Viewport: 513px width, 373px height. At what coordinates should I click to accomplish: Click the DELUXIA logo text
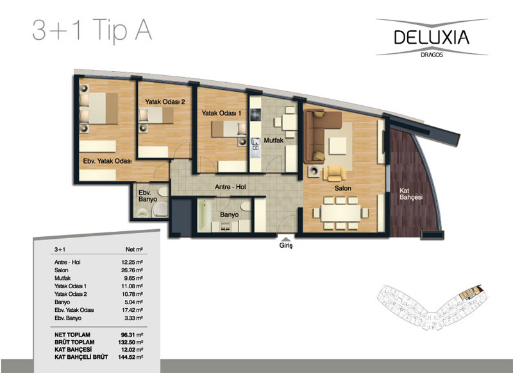[432, 37]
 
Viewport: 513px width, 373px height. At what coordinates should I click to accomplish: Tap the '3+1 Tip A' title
[92, 30]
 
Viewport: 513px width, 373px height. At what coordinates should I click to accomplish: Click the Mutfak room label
[274, 141]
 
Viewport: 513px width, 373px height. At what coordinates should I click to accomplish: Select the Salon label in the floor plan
[342, 188]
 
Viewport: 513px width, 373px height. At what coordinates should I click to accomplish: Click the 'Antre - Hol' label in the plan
[230, 187]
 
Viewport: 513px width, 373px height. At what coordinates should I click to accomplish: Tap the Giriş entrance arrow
[286, 239]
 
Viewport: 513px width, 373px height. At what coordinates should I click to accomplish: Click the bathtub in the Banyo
[203, 215]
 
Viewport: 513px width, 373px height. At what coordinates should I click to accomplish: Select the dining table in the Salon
[341, 213]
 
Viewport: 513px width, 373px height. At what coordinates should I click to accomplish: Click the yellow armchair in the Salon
[334, 173]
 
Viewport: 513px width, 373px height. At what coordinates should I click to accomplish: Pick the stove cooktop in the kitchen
[255, 115]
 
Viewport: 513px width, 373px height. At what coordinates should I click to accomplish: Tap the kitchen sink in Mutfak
[255, 148]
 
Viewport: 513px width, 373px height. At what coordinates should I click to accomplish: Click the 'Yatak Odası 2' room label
[165, 102]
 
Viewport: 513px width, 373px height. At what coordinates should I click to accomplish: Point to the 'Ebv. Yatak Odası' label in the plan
[107, 161]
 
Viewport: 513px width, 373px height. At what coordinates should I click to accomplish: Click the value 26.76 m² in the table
[132, 270]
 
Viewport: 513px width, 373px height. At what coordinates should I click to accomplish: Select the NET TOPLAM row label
[72, 334]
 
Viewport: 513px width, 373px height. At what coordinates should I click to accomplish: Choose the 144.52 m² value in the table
[131, 357]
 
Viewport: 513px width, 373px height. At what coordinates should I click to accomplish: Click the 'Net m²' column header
[134, 250]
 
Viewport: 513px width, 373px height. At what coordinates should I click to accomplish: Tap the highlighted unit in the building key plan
[469, 293]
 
